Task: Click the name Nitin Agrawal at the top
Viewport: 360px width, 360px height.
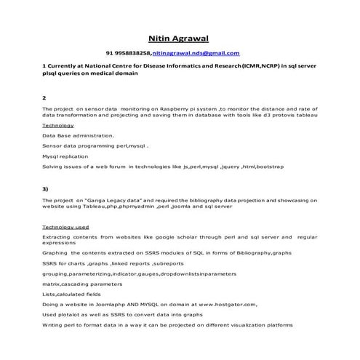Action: point(180,38)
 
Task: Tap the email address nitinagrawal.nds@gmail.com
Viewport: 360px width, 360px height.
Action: point(196,54)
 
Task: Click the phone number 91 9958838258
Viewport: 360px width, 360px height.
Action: point(128,54)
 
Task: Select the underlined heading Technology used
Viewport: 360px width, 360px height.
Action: point(65,227)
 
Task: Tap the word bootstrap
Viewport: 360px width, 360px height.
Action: point(268,167)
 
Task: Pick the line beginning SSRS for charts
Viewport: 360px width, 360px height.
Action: point(113,263)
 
